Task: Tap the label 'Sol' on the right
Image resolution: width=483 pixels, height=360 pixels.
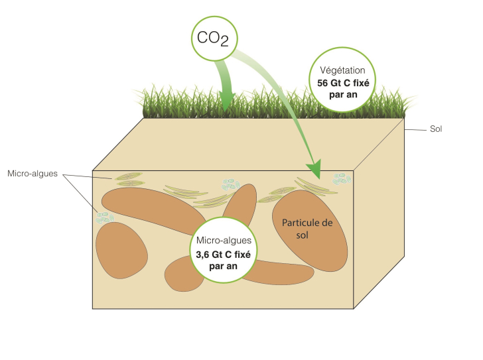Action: coord(435,129)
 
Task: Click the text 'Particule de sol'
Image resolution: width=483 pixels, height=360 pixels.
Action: coord(309,228)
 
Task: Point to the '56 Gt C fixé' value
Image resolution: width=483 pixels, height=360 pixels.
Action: coord(343,84)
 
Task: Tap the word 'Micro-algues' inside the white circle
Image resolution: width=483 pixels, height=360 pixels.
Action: coord(224,241)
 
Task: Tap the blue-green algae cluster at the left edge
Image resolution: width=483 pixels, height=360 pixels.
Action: coord(105,216)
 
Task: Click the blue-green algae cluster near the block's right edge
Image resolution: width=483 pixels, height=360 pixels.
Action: coord(342,178)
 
